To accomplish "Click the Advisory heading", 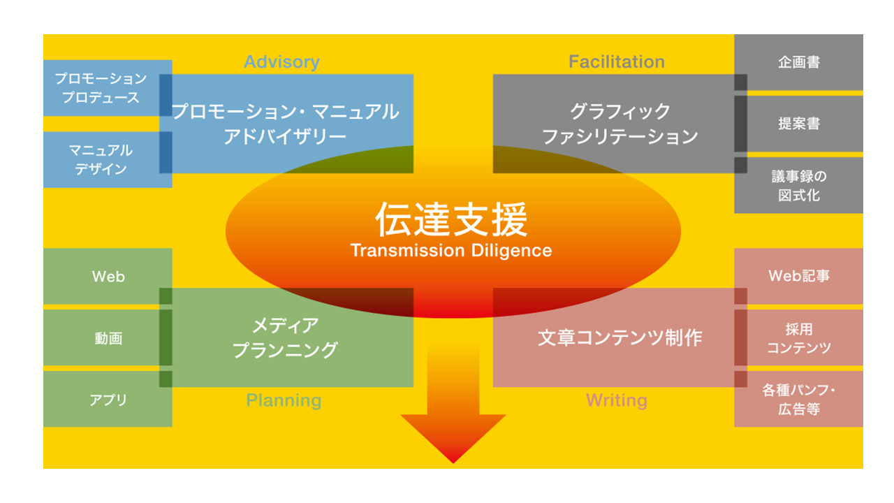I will coord(281,62).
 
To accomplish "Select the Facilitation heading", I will coord(616,62).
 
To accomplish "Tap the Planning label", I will coord(284,400).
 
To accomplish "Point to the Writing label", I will coord(616,400).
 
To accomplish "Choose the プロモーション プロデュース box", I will coord(101,88).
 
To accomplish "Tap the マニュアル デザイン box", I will coord(101,159).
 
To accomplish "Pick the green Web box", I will coord(108,277).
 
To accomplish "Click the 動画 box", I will coord(108,338).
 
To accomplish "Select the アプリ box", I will coord(108,400).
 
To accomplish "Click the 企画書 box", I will coord(799,62).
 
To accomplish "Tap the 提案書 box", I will coord(799,124).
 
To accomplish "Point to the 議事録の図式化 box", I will coord(799,185).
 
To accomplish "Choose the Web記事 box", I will coord(799,276).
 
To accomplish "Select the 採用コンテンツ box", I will coord(799,338).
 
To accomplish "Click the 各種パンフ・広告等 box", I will coord(799,400).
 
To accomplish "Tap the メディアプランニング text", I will coord(285,337).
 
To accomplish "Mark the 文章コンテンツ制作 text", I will coord(620,337).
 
